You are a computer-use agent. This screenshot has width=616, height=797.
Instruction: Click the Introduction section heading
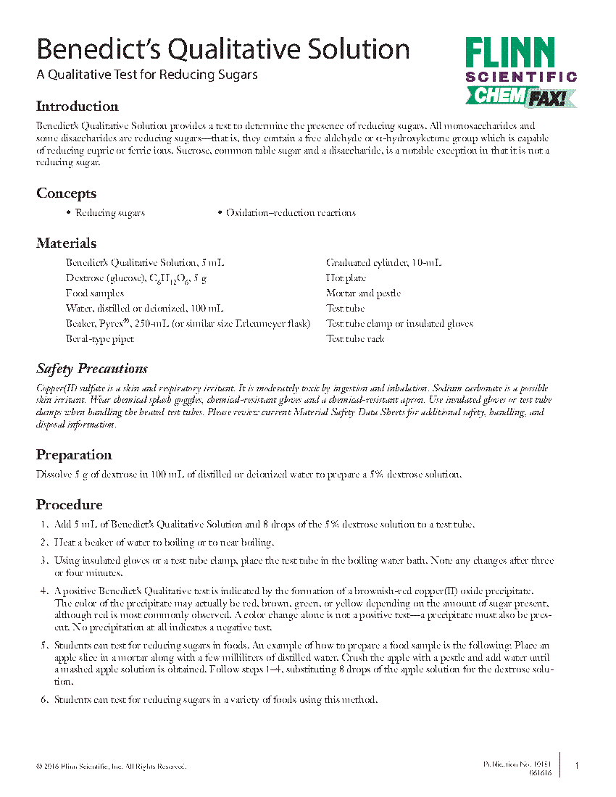77,107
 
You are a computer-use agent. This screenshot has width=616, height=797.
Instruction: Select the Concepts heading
66,193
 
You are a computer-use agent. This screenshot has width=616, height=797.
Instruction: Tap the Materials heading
66,243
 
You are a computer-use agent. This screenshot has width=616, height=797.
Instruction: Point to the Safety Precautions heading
92,369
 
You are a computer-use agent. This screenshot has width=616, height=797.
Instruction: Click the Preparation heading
74,455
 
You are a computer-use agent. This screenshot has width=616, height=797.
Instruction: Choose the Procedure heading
70,504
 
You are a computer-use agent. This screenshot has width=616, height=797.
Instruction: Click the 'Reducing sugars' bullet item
109,213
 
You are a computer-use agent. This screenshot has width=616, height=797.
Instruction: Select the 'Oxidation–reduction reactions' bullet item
291,213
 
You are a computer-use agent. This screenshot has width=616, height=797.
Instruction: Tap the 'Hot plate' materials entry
346,278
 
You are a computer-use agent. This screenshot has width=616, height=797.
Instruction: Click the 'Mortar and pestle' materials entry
363,293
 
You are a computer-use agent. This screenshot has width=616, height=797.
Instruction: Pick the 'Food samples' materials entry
95,293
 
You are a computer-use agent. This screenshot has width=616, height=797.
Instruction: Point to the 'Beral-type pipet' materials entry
100,339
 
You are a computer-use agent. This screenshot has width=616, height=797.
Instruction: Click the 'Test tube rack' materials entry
355,339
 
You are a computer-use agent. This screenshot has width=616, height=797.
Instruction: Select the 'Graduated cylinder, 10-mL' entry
383,263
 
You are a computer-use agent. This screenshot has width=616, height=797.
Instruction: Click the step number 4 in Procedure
44,593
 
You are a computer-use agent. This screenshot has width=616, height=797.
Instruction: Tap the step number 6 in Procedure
44,699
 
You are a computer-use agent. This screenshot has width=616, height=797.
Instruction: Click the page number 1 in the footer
576,766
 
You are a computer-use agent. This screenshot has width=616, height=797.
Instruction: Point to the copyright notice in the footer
111,767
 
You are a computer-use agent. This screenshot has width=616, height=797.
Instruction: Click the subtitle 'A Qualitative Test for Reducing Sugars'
147,75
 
